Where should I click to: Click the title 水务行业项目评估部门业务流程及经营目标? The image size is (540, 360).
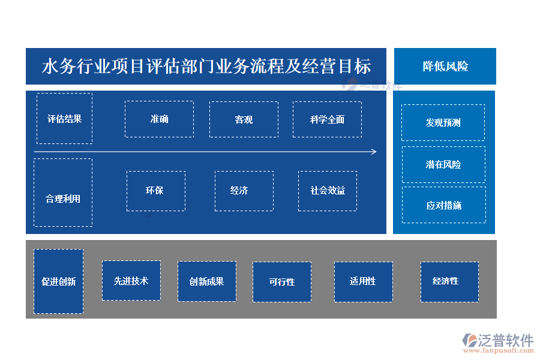point(206,66)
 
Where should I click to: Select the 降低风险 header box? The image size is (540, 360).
point(445,66)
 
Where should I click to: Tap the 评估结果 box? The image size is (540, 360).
point(64,118)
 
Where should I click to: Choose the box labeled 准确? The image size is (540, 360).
point(159,119)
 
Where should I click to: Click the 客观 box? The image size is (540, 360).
point(244,119)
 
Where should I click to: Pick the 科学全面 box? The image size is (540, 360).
point(327,119)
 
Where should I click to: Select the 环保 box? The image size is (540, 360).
point(155,191)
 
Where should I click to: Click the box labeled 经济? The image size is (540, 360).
point(244,191)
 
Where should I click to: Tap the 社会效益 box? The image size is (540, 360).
point(328,191)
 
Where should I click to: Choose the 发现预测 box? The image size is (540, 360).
point(443,122)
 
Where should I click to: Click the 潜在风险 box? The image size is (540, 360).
point(443,164)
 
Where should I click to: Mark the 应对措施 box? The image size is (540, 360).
point(443,205)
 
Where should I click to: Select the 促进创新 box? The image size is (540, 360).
point(58,281)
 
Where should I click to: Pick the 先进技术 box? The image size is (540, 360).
point(131,280)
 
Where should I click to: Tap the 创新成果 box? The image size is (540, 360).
point(206,281)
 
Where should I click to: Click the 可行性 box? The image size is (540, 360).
point(281,281)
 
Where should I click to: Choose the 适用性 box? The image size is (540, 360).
point(363,281)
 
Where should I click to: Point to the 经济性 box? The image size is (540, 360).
point(449,281)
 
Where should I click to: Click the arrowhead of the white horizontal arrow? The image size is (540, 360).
point(374,152)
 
